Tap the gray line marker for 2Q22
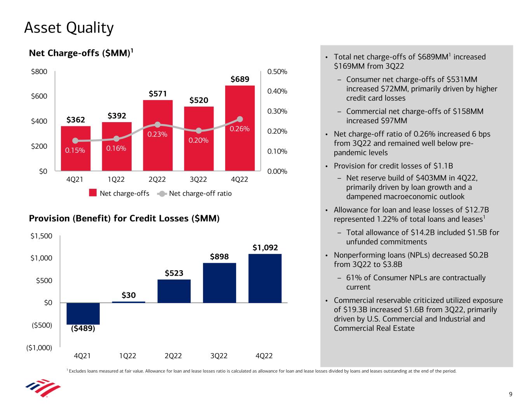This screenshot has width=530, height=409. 158,124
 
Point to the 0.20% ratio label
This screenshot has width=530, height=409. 198,140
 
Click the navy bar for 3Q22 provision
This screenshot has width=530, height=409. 219,283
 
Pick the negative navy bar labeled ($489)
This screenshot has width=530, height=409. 83,313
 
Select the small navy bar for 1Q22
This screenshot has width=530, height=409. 129,302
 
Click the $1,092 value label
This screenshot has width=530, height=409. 265,247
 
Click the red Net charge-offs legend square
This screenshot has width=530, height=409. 93,193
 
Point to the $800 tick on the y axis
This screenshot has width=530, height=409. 39,71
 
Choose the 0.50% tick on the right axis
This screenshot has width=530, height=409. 277,72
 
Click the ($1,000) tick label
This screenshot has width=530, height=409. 39,347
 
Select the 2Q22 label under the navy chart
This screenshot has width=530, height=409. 173,356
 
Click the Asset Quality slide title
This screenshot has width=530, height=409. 69,28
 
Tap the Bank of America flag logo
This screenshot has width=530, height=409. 43,388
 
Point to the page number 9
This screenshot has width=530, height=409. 511,395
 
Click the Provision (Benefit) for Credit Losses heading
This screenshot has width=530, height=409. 124,219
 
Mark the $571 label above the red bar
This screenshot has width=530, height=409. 158,94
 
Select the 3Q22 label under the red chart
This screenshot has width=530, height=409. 198,180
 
